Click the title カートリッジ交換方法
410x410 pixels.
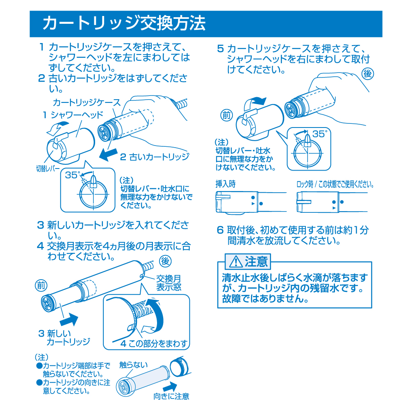pos(124,23)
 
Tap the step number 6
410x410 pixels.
pos(220,230)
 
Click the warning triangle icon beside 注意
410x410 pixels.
pos(237,261)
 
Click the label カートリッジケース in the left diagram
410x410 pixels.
pos(87,102)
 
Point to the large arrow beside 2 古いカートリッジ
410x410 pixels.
pos(108,156)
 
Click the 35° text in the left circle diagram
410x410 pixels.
pos(72,175)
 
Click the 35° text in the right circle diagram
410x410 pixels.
pos(319,134)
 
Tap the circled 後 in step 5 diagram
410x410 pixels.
pos(368,74)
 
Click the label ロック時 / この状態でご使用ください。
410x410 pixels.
pos(335,184)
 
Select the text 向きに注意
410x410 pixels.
pos(171,397)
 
